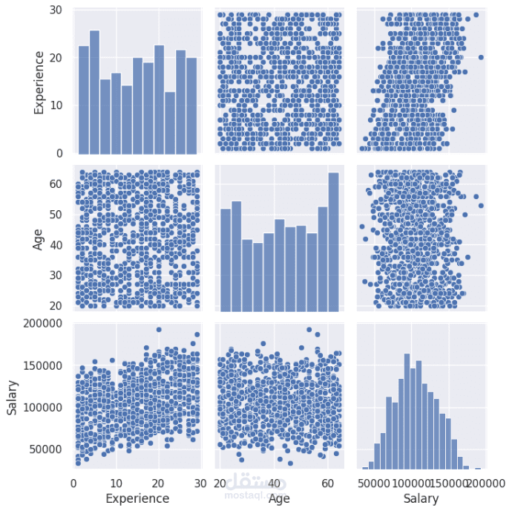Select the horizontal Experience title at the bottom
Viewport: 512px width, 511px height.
tap(137, 498)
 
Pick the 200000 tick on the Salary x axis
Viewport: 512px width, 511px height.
tap(486, 483)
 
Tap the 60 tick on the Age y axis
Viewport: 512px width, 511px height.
tap(58, 184)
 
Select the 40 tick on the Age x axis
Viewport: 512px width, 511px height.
tap(274, 483)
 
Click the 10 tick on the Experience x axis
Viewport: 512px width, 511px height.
tap(115, 483)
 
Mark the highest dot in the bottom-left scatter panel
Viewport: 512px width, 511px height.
tap(159, 330)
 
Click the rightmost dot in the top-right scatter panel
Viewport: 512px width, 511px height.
tap(481, 57)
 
